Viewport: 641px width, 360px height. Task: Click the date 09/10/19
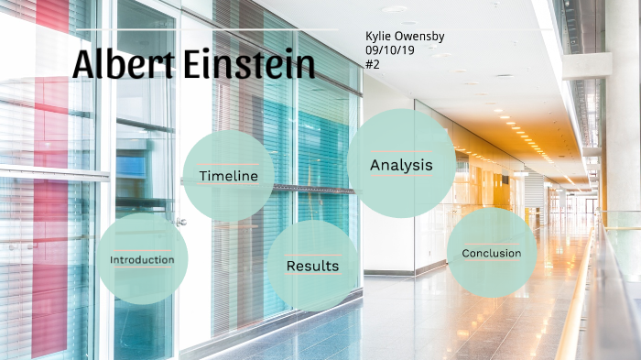[390, 49]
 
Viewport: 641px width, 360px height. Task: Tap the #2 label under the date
[372, 64]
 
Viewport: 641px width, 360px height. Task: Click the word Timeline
[228, 176]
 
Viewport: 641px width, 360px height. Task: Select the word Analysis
[401, 166]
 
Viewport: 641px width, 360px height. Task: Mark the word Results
[312, 267]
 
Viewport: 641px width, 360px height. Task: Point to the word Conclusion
[492, 254]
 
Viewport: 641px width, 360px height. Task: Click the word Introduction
[142, 260]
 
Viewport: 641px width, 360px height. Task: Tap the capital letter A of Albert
[83, 65]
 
